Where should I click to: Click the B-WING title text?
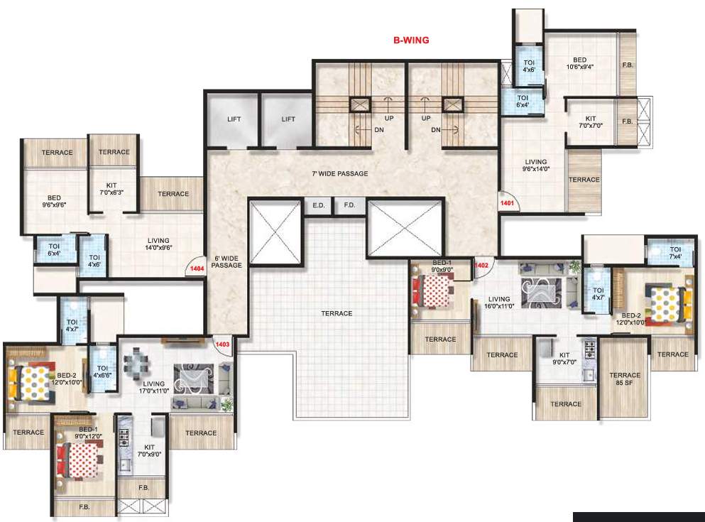411,40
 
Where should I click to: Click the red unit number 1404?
197,269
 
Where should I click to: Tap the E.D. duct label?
318,206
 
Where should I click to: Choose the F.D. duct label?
349,206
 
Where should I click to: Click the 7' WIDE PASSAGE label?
340,173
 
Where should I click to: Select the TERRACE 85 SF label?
625,379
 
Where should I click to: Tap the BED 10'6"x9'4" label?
580,64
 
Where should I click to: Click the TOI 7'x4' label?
674,253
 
